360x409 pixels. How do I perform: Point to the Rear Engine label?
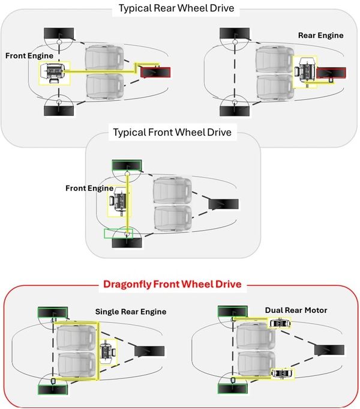(x=320, y=35)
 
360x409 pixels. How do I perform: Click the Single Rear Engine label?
(x=130, y=312)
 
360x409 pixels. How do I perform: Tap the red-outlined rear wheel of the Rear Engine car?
(x=332, y=73)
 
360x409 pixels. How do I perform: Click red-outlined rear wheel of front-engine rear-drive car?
(x=155, y=73)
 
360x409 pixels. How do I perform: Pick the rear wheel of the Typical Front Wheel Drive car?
(x=223, y=204)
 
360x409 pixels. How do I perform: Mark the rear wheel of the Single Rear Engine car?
(x=148, y=350)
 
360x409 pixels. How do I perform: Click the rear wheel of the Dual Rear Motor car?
(x=329, y=350)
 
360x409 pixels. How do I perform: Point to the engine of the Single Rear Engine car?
(x=109, y=350)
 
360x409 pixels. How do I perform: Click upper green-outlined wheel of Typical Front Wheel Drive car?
(x=127, y=165)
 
